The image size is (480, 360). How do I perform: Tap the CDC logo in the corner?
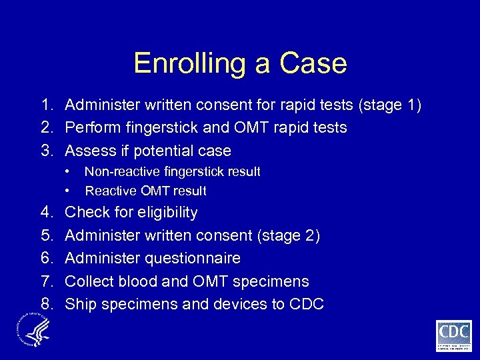(x=453, y=335)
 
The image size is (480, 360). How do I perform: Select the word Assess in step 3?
(x=87, y=150)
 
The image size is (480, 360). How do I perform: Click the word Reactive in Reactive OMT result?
(x=109, y=191)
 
